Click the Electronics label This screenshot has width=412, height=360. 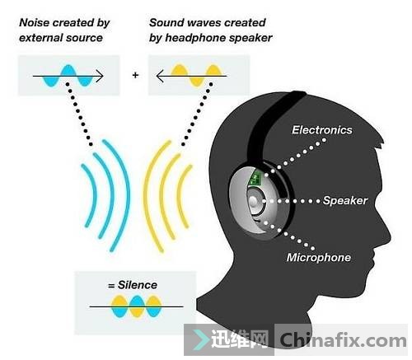[322, 130]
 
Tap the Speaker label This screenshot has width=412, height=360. [345, 201]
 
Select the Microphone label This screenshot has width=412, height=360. [319, 257]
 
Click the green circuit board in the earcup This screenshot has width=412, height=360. [255, 178]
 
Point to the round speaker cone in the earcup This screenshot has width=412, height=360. [255, 202]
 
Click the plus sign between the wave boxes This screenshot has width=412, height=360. [135, 75]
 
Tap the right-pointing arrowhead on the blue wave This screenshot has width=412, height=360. [100, 76]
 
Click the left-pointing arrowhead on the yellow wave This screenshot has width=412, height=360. [161, 76]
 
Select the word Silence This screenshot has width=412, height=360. [138, 285]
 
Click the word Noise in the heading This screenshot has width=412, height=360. [35, 22]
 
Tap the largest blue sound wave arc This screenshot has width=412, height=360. [118, 195]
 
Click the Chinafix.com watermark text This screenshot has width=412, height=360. [343, 340]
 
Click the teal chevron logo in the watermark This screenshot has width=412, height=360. [200, 340]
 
